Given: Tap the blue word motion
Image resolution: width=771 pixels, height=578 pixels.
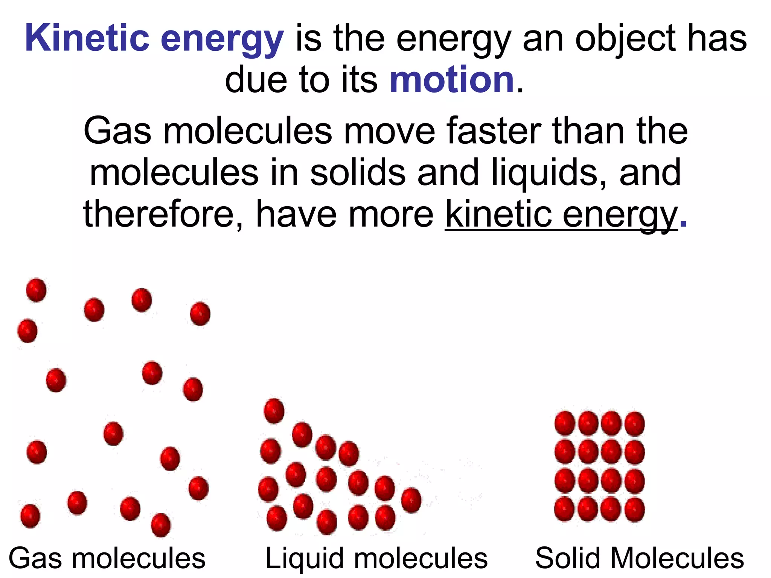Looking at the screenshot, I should [452, 79].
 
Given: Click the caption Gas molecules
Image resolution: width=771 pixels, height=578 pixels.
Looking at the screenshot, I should [107, 558].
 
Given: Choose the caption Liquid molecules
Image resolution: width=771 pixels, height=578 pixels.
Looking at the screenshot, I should [376, 558].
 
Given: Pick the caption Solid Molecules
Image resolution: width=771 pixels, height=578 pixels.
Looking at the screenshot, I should [640, 558].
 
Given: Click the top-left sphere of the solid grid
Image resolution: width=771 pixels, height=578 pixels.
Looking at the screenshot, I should [565, 423].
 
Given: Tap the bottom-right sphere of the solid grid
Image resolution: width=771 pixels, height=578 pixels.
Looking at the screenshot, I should [635, 510].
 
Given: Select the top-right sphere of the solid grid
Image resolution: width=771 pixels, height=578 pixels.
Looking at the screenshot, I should [635, 423].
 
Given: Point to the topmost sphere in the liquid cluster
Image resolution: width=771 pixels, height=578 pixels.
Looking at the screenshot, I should [274, 411].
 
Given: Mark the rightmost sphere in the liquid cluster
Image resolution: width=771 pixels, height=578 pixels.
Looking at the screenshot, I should [411, 500].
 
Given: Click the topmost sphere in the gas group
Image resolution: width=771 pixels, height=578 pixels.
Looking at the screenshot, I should [36, 290].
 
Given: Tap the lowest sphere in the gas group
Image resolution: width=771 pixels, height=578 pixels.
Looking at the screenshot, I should [161, 525].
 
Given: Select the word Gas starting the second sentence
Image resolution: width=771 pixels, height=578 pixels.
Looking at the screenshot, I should [117, 131].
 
